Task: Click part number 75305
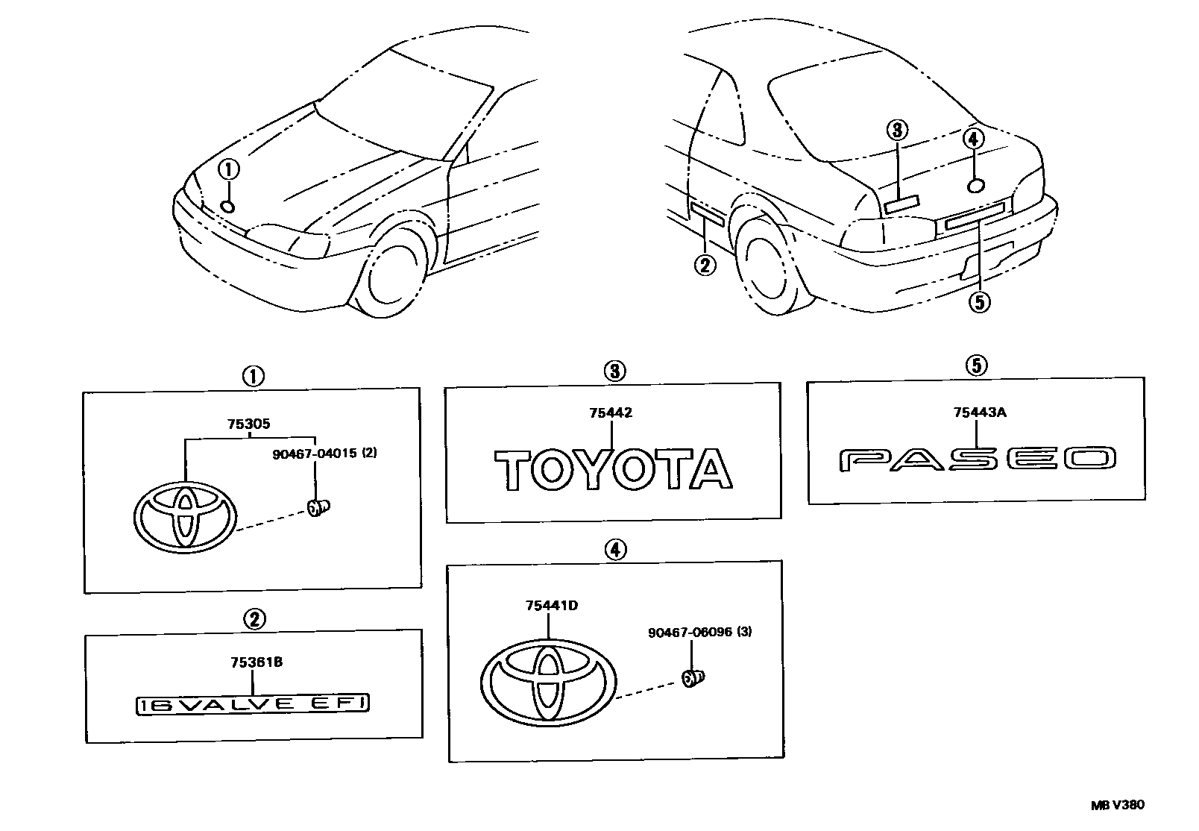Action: click(x=249, y=424)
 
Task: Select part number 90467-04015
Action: click(x=324, y=453)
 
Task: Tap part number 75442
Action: click(x=611, y=413)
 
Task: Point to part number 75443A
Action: click(x=979, y=411)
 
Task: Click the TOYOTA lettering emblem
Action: click(x=614, y=468)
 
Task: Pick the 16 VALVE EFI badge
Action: click(x=254, y=703)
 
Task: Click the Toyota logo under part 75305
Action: click(x=185, y=515)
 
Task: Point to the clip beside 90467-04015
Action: click(x=318, y=508)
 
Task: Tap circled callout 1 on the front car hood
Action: click(x=229, y=169)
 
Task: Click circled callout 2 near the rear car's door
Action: click(x=705, y=263)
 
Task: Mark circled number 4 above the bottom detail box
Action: click(x=614, y=550)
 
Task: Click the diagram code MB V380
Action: click(x=1117, y=806)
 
